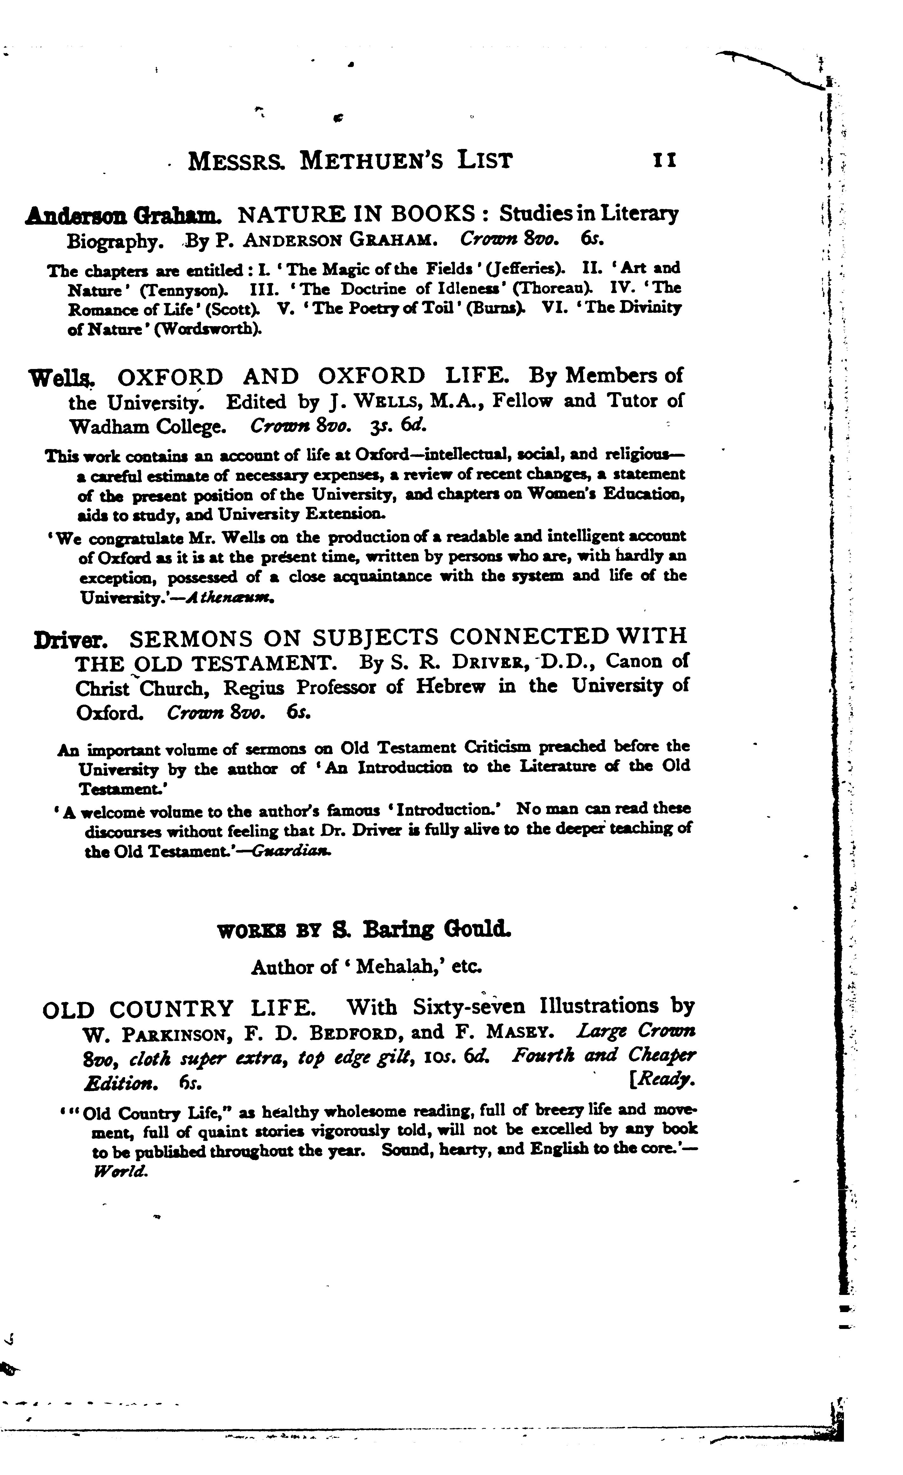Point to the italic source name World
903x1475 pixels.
click(120, 1172)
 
